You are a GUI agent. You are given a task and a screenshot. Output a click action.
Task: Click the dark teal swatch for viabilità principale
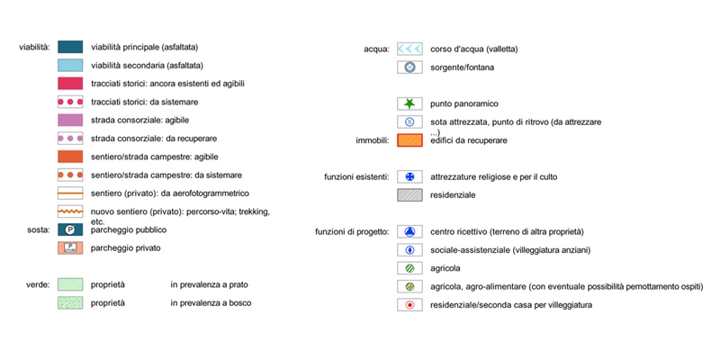pos(70,47)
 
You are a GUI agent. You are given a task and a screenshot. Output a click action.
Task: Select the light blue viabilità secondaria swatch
pos(70,65)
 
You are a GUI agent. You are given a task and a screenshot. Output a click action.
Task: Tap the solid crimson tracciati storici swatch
pos(70,84)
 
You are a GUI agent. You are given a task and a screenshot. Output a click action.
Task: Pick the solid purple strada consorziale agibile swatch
pos(70,120)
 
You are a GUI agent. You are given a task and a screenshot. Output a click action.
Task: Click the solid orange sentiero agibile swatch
pos(70,157)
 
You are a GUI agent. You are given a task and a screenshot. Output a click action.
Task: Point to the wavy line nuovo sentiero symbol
pos(70,211)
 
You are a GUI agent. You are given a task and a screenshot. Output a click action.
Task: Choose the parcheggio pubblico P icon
pos(70,229)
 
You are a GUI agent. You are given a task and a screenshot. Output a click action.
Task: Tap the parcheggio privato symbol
pos(70,248)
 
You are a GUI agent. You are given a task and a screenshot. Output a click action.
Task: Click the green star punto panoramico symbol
pos(409,103)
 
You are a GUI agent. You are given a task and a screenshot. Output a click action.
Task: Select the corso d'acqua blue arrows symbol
pos(409,49)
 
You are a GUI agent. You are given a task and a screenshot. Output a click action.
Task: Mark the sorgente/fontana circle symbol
pos(409,67)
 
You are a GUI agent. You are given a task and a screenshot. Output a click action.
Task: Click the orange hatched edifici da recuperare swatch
pos(409,140)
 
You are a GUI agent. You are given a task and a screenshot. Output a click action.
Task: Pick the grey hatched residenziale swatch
pos(409,195)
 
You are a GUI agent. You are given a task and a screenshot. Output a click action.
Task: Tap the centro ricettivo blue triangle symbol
pos(409,232)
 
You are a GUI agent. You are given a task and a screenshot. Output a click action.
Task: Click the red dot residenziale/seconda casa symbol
pos(409,305)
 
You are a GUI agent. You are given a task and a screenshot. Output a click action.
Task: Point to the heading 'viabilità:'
pos(34,47)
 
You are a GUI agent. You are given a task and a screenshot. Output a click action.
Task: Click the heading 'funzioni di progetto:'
pos(352,232)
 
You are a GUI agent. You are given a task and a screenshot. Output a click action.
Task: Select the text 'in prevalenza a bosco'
pos(211,303)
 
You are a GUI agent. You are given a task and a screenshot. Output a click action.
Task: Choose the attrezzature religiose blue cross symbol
pos(409,176)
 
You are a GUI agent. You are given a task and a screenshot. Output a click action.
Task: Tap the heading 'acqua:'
pos(376,49)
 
